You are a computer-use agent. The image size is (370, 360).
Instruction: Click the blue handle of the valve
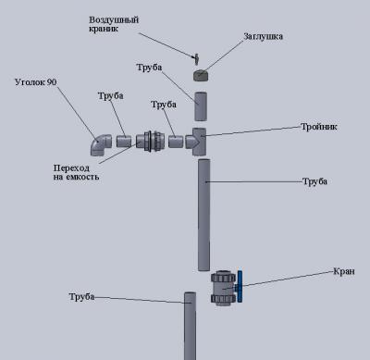(x=240, y=286)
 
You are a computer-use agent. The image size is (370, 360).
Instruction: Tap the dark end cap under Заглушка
(x=200, y=76)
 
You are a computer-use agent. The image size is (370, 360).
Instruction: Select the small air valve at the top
(x=196, y=58)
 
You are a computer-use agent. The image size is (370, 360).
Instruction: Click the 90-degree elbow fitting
(x=101, y=144)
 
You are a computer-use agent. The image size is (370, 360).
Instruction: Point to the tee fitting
(x=196, y=142)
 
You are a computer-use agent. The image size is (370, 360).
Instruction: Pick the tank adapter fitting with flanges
(x=151, y=142)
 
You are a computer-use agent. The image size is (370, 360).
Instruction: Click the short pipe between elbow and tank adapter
(x=124, y=142)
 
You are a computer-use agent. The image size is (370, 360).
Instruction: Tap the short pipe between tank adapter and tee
(x=176, y=142)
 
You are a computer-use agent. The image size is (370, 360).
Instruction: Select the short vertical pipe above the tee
(x=201, y=106)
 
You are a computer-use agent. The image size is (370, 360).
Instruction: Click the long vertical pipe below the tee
(x=203, y=215)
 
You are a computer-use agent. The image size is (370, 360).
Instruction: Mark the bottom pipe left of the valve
(x=190, y=326)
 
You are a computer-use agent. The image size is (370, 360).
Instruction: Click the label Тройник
(x=319, y=127)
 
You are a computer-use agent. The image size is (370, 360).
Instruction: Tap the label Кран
(x=344, y=271)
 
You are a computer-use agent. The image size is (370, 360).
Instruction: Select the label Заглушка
(x=263, y=36)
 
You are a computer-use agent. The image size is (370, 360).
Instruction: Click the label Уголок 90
(x=36, y=82)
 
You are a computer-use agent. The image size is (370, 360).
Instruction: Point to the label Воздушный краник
(x=114, y=24)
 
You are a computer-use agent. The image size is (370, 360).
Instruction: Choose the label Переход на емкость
(x=76, y=172)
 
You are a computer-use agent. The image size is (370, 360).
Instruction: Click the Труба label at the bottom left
(x=81, y=297)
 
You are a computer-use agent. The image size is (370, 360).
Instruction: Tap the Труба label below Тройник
(x=314, y=181)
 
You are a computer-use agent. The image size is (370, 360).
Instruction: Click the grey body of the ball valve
(x=224, y=288)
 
